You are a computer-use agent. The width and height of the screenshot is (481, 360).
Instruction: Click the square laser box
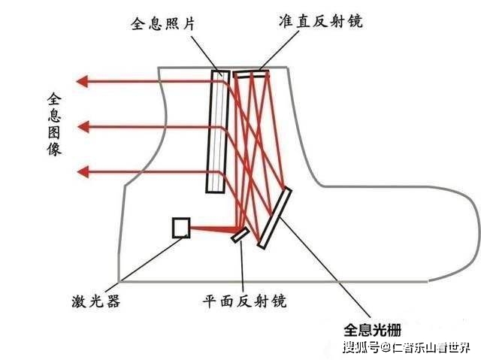tap(181, 228)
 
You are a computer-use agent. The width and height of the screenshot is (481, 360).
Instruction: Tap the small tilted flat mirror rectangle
tap(240, 235)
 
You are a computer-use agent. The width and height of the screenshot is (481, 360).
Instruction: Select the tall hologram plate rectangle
tap(218, 131)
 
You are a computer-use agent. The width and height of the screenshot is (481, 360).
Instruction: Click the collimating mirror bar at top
tap(250, 73)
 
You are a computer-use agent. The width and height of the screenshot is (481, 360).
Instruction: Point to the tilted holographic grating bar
tap(273, 218)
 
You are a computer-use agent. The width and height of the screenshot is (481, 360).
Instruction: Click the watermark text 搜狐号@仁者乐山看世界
tap(406, 347)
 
